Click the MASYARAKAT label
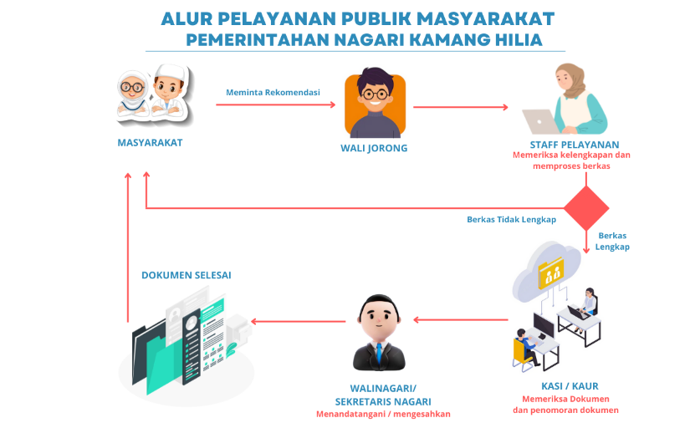tap(150, 142)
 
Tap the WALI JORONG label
tap(374, 148)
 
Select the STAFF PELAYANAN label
tap(574, 144)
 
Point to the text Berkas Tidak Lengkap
tap(511, 220)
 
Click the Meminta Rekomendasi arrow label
tap(273, 93)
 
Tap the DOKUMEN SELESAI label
tap(186, 274)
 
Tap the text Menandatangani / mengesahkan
tap(382, 414)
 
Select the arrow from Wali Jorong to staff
tap(461, 107)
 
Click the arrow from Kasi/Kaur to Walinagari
tap(462, 319)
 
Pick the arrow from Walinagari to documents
tap(299, 321)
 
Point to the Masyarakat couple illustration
tap(151, 94)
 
